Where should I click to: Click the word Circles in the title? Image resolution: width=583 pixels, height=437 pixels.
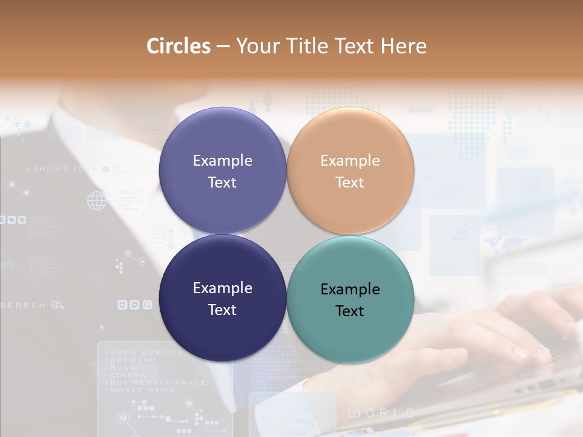coord(178,46)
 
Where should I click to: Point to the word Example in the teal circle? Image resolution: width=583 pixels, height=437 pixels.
coord(350,289)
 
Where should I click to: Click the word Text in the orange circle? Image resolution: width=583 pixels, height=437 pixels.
coord(350,182)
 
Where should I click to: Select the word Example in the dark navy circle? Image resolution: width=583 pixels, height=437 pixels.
coord(222,288)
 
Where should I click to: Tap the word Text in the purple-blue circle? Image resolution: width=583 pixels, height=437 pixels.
coord(222,182)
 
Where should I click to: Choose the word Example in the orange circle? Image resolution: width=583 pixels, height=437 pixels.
coord(350,160)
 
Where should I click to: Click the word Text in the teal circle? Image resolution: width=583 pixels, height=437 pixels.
coord(350,311)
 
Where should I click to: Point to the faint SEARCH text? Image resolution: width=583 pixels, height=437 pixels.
coord(23,305)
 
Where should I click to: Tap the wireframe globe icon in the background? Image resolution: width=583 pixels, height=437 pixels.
coord(97,200)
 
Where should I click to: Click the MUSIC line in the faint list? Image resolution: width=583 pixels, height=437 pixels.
coord(124,368)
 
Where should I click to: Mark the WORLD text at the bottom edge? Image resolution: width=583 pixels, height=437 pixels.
coord(381,413)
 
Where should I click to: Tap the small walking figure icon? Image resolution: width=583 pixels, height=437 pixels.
coord(101,328)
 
